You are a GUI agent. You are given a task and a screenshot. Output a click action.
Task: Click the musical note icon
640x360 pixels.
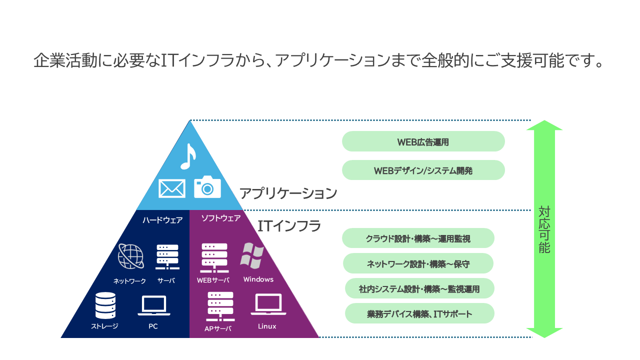[x=187, y=156]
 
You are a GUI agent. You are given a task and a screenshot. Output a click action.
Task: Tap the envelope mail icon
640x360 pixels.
[x=171, y=188]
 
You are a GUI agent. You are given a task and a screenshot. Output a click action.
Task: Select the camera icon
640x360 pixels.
[x=207, y=186]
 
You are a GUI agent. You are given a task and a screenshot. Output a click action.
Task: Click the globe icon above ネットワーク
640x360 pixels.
[x=131, y=256]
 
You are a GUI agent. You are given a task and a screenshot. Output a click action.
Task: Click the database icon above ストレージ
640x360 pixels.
[x=105, y=305]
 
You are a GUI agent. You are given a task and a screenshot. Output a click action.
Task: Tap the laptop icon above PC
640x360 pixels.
[x=153, y=306]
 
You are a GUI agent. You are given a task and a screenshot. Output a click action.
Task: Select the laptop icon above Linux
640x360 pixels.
[x=268, y=305]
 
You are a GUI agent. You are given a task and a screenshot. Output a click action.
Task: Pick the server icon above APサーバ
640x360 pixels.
[x=220, y=306]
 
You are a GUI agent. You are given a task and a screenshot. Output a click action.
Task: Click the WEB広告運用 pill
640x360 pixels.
[x=423, y=141]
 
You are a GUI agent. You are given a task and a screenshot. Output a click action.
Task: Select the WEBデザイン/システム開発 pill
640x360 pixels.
[x=423, y=170]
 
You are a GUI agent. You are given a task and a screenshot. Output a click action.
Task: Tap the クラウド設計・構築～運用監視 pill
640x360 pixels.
[x=418, y=238]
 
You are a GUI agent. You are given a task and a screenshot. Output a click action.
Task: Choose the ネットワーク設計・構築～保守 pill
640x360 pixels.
[x=418, y=263]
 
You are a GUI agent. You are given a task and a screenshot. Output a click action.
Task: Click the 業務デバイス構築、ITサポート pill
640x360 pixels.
[x=419, y=313]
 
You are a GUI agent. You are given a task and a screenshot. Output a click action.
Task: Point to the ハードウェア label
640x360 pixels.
[x=162, y=220]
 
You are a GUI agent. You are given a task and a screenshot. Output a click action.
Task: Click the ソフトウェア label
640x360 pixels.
[x=220, y=218]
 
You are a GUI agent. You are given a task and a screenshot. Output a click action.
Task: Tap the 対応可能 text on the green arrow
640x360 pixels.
[x=544, y=229]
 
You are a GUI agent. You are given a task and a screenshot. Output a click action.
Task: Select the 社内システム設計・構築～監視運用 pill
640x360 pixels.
[x=419, y=288]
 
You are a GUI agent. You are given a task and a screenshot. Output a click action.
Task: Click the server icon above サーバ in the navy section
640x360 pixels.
[x=167, y=256]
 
